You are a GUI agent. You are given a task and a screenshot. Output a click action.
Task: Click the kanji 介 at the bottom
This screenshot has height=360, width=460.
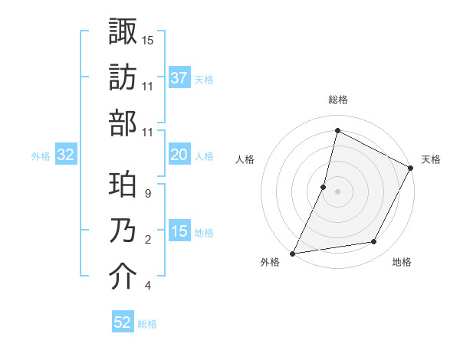(x=123, y=277)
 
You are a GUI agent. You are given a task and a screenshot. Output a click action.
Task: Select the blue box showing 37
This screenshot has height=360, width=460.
(x=179, y=78)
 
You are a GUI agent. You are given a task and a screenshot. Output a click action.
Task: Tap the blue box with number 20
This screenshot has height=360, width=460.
(x=179, y=155)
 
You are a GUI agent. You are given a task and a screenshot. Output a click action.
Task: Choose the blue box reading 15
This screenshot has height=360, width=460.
(x=179, y=232)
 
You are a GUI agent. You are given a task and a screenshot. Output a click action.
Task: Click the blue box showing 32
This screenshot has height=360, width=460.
(x=66, y=155)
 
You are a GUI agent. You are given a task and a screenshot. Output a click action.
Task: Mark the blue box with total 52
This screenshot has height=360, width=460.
(x=123, y=323)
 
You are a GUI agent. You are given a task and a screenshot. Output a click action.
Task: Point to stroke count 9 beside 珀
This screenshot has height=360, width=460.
(x=147, y=194)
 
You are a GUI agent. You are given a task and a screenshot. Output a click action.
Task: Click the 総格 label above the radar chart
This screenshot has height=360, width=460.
(x=337, y=100)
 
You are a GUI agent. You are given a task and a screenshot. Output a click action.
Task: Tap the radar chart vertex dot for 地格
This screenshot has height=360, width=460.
(x=374, y=242)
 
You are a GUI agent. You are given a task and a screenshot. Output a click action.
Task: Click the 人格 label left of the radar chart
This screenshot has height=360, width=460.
(x=245, y=159)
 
